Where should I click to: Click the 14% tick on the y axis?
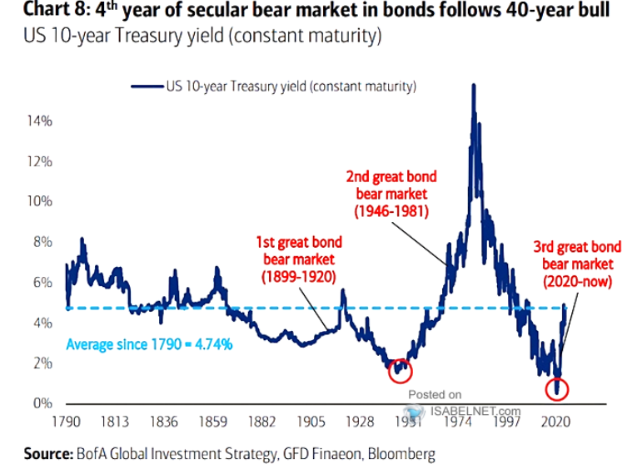(x=39, y=121)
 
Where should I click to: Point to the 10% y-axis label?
(x=39, y=201)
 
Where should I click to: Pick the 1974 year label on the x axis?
(x=458, y=421)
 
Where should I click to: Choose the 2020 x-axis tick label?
(x=554, y=421)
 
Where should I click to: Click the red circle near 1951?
(x=401, y=371)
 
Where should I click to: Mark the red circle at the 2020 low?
(x=558, y=388)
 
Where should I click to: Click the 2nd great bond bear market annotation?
(x=391, y=195)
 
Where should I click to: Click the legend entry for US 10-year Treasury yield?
(x=274, y=86)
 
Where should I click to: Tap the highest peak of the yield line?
(x=474, y=86)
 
